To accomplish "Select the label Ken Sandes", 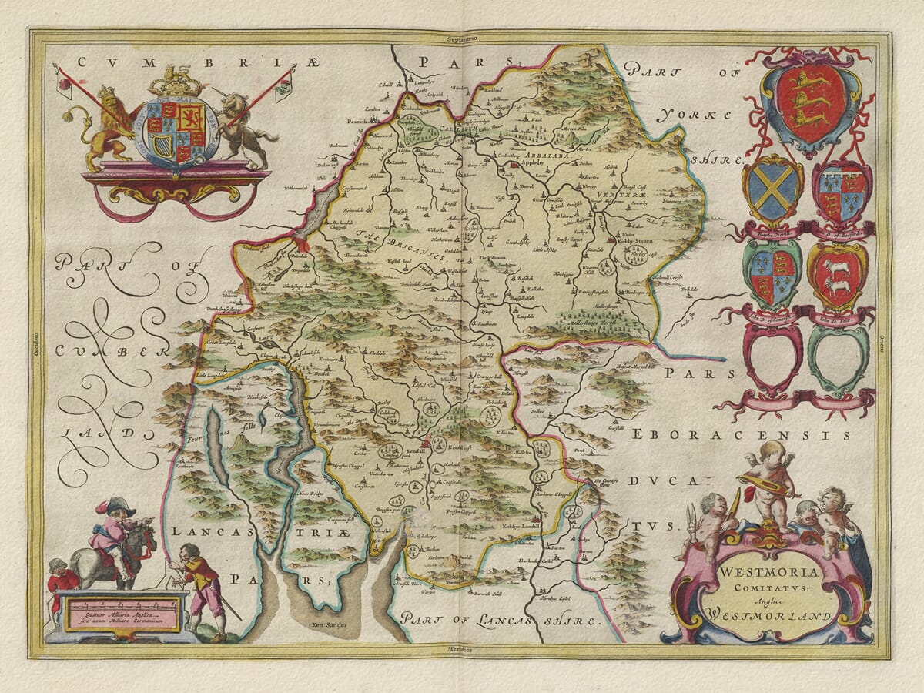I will (330, 624).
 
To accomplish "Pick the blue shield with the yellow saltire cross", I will (772, 189).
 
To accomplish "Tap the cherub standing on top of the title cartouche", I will (770, 481).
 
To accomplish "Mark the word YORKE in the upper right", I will (694, 116).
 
